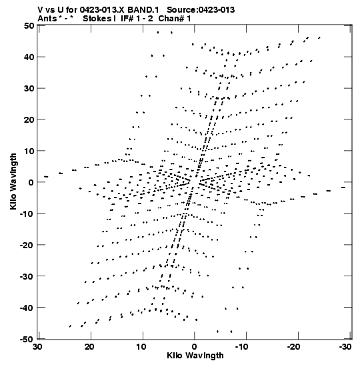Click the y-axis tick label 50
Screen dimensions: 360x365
(29, 25)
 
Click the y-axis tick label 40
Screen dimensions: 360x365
(29, 57)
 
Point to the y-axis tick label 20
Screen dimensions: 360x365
(29, 119)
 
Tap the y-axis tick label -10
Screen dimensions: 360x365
(27, 214)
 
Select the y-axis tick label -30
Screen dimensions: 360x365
(27, 276)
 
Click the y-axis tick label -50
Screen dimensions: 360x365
(27, 339)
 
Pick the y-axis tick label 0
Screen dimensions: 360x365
(31, 182)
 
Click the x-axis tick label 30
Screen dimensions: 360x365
(38, 347)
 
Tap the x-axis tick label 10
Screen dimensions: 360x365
(141, 347)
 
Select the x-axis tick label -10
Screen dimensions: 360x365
(243, 347)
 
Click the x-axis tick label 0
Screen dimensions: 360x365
(195, 347)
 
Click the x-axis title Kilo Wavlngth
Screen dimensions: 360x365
(195, 356)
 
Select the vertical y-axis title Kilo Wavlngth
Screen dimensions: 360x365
(13, 181)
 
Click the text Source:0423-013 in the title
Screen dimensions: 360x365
(201, 10)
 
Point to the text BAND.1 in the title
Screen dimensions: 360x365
(143, 10)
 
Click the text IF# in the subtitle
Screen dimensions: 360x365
(127, 19)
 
